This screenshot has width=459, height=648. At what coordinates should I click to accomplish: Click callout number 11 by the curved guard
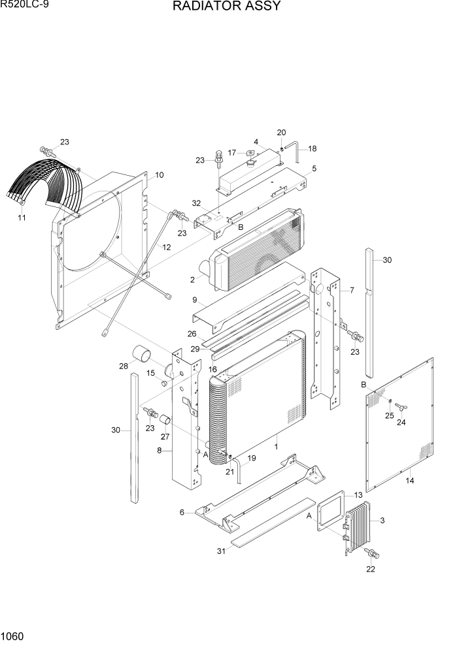22,218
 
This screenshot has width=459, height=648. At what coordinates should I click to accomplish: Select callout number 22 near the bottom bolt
371,569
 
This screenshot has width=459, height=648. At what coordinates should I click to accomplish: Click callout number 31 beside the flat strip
221,551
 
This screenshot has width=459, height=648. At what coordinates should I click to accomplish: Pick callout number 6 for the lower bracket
182,512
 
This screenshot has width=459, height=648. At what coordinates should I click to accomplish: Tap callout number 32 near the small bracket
197,204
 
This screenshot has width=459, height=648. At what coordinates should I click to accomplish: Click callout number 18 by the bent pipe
312,148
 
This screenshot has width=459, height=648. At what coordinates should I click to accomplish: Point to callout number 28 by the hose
123,366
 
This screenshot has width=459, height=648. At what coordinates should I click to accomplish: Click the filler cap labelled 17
250,154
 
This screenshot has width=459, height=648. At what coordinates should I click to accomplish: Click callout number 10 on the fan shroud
159,175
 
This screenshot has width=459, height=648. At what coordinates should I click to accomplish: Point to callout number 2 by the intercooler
193,280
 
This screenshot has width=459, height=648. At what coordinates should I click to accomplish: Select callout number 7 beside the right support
352,289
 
